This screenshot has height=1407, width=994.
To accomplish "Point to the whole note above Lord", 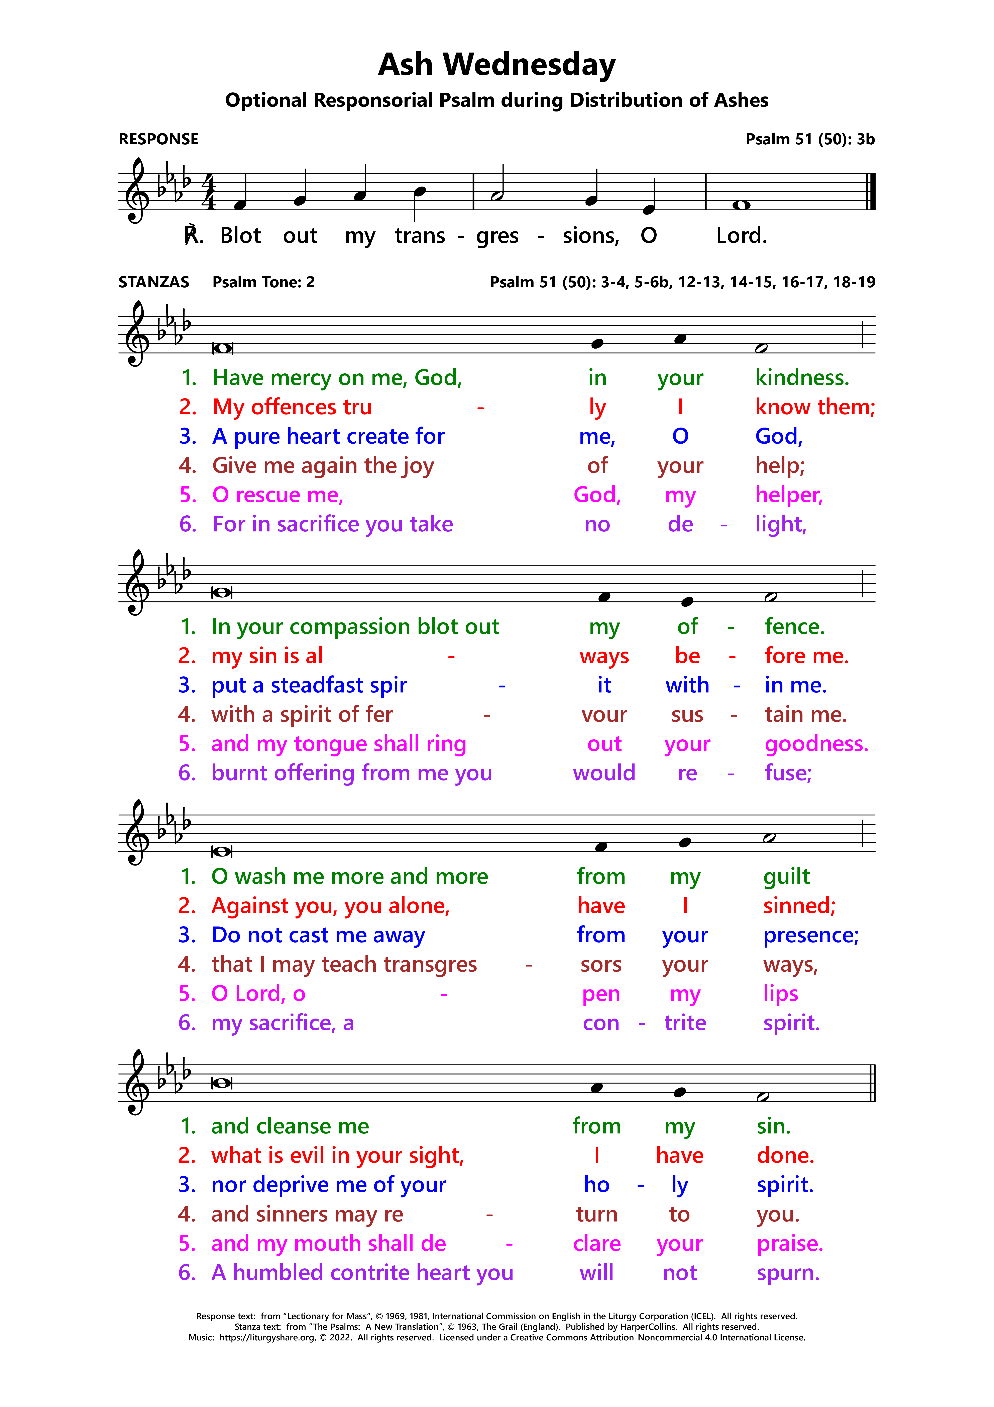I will tap(741, 205).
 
